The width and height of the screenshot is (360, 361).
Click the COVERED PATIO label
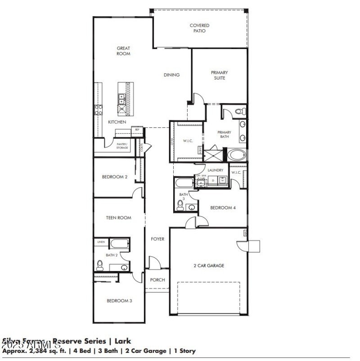199,28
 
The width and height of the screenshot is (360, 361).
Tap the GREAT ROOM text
123,51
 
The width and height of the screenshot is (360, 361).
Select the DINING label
171,75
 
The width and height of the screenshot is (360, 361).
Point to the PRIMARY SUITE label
220,75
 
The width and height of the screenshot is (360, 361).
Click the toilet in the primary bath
240,111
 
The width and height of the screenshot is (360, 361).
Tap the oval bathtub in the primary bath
236,156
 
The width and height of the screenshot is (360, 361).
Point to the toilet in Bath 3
180,205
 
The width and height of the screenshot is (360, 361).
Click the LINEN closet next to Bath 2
101,242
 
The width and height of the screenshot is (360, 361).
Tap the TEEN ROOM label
118,218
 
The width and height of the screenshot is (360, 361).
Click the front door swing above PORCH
154,263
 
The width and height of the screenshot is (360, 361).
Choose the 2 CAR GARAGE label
208,266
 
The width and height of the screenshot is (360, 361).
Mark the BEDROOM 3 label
119,301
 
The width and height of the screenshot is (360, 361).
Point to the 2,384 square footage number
37,350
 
